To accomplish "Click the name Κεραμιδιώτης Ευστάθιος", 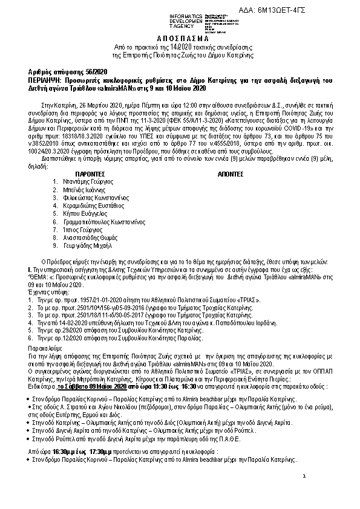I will [94, 206].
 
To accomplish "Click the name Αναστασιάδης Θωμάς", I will [91, 239].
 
